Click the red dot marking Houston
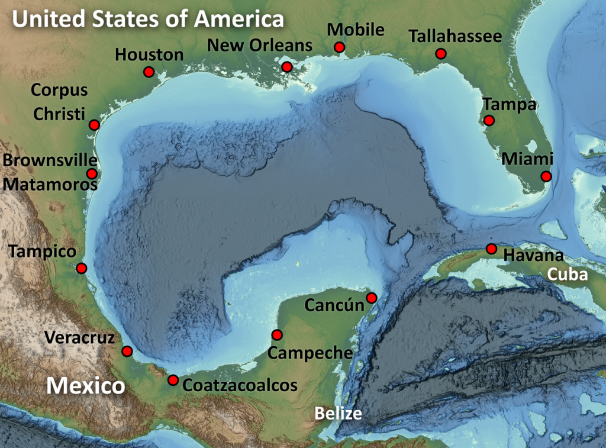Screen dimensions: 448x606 click(149, 72)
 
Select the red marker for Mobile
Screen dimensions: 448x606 click(339, 47)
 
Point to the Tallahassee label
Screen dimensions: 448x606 click(455, 37)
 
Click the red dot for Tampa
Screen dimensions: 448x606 click(489, 120)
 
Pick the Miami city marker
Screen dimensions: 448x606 click(546, 176)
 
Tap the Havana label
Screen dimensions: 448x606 click(533, 256)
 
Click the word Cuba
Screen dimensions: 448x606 click(567, 275)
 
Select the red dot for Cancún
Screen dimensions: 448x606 click(372, 298)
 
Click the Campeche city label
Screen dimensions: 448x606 click(310, 353)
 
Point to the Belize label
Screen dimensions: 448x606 click(337, 413)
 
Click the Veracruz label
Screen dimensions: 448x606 click(78, 337)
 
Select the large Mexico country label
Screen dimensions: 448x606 click(86, 386)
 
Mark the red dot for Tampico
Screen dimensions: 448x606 click(82, 268)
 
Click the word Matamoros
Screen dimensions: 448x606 click(50, 184)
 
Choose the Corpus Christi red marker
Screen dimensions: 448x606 click(94, 124)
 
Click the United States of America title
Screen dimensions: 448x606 click(148, 20)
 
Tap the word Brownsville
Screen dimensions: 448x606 click(50, 160)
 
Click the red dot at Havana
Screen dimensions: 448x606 click(491, 249)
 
